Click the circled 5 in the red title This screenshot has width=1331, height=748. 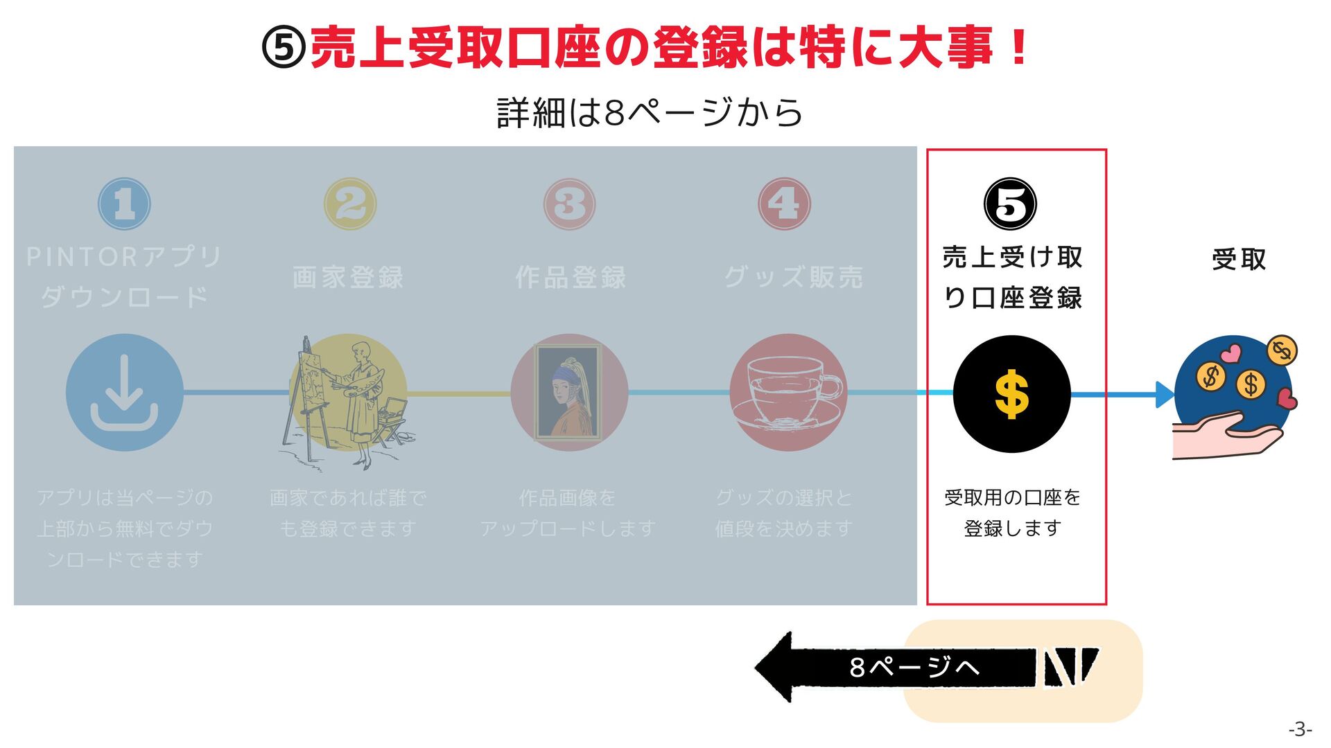pos(284,48)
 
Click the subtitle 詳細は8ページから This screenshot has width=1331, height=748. pos(650,113)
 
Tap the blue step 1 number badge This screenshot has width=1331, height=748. pos(124,204)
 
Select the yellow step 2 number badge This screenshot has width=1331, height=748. pos(350,204)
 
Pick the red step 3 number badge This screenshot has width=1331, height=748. pos(569,204)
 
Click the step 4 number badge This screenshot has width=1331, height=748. pos(784,204)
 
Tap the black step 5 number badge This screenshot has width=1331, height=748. pos(1011,204)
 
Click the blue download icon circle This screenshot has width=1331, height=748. pos(125,393)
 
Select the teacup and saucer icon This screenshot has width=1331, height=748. pos(788,393)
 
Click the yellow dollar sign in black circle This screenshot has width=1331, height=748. pos(1011,394)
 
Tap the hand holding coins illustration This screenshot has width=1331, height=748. pos(1233,398)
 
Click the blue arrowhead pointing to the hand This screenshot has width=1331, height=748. pos(1164,395)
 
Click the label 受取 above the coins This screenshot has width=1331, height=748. pos(1239,260)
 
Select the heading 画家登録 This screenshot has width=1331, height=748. pos(348,278)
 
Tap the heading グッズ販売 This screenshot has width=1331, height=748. pos(794,278)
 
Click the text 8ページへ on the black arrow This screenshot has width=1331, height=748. pos(914,668)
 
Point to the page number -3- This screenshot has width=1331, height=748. pos(1300,729)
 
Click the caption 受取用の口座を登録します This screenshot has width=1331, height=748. pos(1012,513)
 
